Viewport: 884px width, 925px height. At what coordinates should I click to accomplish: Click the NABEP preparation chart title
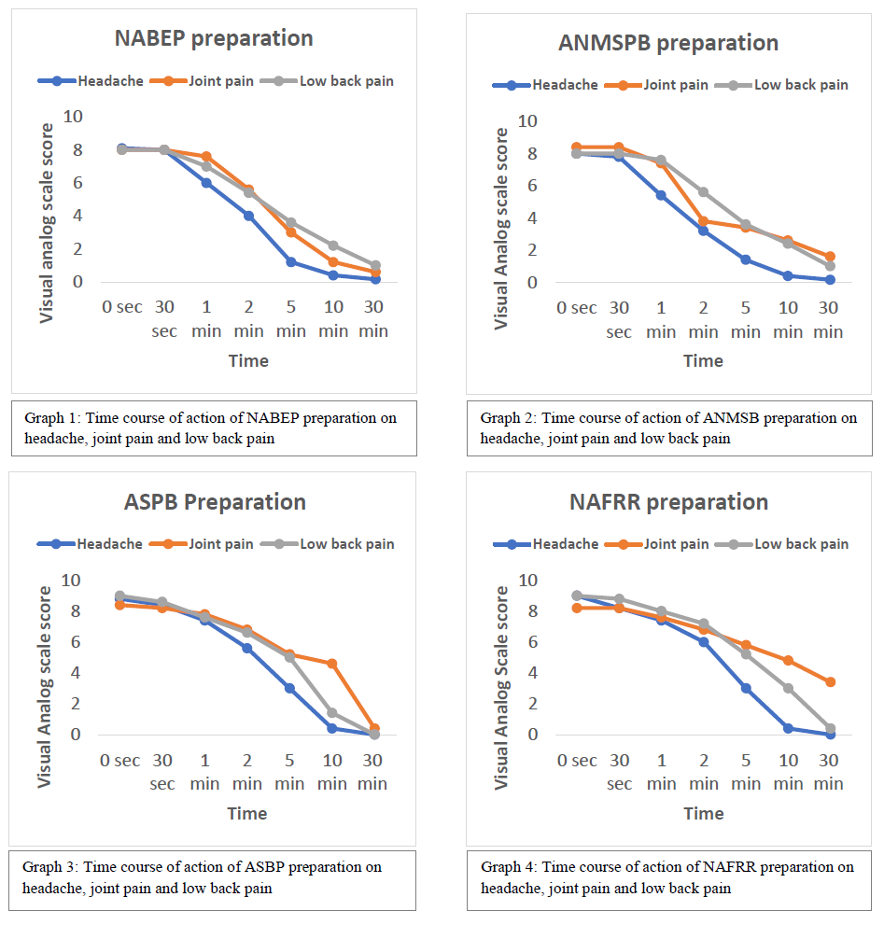pos(214,39)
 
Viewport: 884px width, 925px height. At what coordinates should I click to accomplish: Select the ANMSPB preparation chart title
pos(667,43)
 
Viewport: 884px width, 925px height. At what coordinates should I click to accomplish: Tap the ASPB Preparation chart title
pos(215,501)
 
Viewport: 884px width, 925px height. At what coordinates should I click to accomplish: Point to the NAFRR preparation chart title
pos(668,501)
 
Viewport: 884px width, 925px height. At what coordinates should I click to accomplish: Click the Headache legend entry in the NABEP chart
pos(110,81)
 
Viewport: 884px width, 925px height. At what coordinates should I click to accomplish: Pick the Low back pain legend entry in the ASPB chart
pos(346,544)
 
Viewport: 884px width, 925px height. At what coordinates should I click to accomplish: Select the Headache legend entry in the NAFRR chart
pos(566,544)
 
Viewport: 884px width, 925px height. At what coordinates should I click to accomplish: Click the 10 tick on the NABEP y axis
pos(72,117)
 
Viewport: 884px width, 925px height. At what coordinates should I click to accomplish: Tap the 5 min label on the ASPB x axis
pos(289,772)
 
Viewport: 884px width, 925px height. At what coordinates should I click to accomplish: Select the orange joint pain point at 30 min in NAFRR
pos(830,682)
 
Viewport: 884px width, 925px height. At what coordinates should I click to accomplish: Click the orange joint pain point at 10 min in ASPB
pos(331,663)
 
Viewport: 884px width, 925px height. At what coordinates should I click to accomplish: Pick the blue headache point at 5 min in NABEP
pos(290,262)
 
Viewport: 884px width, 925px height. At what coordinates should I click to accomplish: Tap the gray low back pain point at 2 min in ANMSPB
pos(703,192)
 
